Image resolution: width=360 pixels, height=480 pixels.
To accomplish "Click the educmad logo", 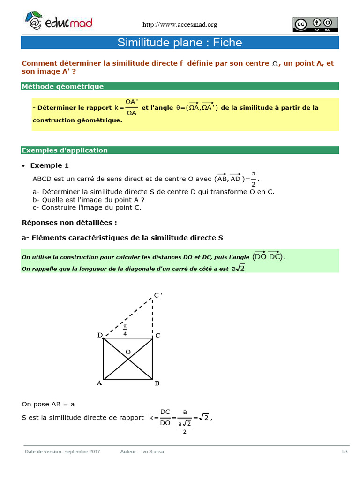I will (59, 22).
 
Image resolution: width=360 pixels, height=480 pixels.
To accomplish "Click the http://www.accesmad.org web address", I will (180, 25).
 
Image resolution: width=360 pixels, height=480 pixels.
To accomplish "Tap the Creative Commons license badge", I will (315, 24).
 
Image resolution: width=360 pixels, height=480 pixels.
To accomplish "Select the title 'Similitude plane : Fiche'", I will (180, 43).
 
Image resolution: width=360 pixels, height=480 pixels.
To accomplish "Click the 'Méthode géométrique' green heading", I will (63, 86).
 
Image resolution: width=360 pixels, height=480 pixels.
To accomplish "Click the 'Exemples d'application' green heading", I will (65, 150).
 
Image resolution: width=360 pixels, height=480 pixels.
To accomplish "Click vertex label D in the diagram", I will (100, 335).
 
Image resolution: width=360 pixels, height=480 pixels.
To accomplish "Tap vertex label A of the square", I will (99, 383).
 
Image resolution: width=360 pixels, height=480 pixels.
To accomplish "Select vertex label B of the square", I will (157, 383).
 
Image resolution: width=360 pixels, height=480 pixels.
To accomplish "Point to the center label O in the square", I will (128, 352).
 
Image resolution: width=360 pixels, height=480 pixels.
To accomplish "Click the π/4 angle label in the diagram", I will (125, 330).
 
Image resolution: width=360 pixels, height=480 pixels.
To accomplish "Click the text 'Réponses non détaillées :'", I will (69, 222).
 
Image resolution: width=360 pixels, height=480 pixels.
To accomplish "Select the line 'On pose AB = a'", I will (48, 404).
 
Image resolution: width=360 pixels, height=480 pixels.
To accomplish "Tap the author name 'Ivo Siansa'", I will (152, 452).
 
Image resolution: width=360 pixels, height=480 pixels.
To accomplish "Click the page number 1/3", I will (345, 452).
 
